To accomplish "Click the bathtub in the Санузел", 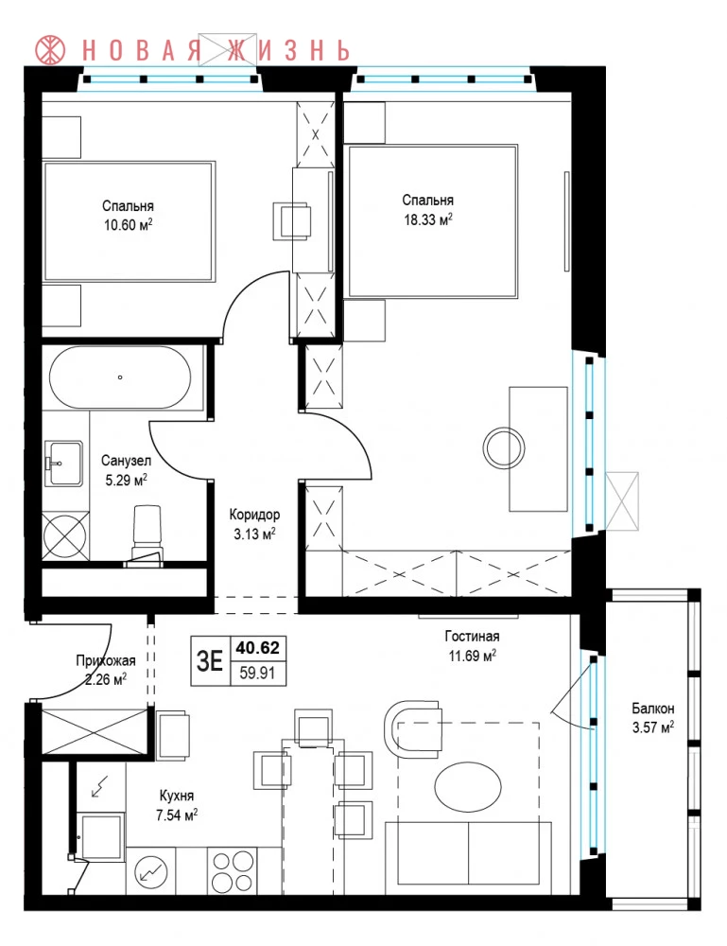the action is [x=120, y=377].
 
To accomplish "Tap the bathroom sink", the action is [x=63, y=463].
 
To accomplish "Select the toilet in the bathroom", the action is [x=147, y=534].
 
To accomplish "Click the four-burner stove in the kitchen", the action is [x=233, y=870].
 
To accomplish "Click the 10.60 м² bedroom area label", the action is [x=128, y=226].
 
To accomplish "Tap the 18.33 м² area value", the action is [x=428, y=219].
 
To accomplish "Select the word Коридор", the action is [x=254, y=515].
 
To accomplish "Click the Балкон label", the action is [x=653, y=709].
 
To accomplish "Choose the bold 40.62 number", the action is [x=257, y=648].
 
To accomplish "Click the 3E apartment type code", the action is [x=210, y=661].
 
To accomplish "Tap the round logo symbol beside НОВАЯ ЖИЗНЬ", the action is [x=51, y=50].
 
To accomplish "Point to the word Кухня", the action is [x=177, y=796].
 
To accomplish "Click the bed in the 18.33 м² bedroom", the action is [x=432, y=221].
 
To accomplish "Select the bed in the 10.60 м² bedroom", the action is [x=129, y=221].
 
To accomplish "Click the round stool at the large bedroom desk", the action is [x=504, y=448].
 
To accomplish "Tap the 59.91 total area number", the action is [x=257, y=672].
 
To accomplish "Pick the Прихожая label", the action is [x=106, y=660].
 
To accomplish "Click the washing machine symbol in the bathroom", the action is [x=65, y=534].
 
